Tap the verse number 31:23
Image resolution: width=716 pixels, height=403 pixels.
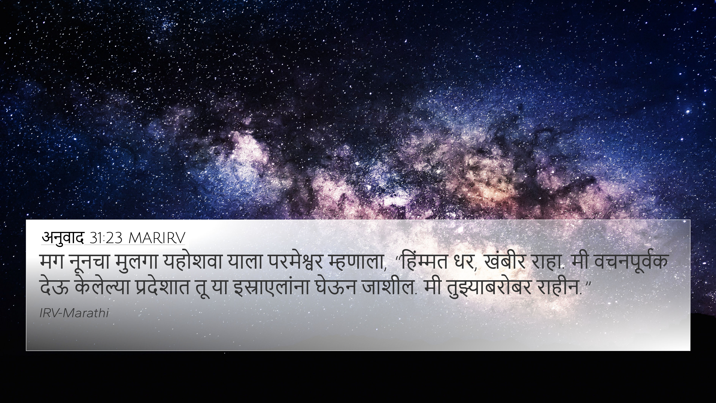(x=106, y=238)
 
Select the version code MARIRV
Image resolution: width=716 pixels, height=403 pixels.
(x=157, y=238)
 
